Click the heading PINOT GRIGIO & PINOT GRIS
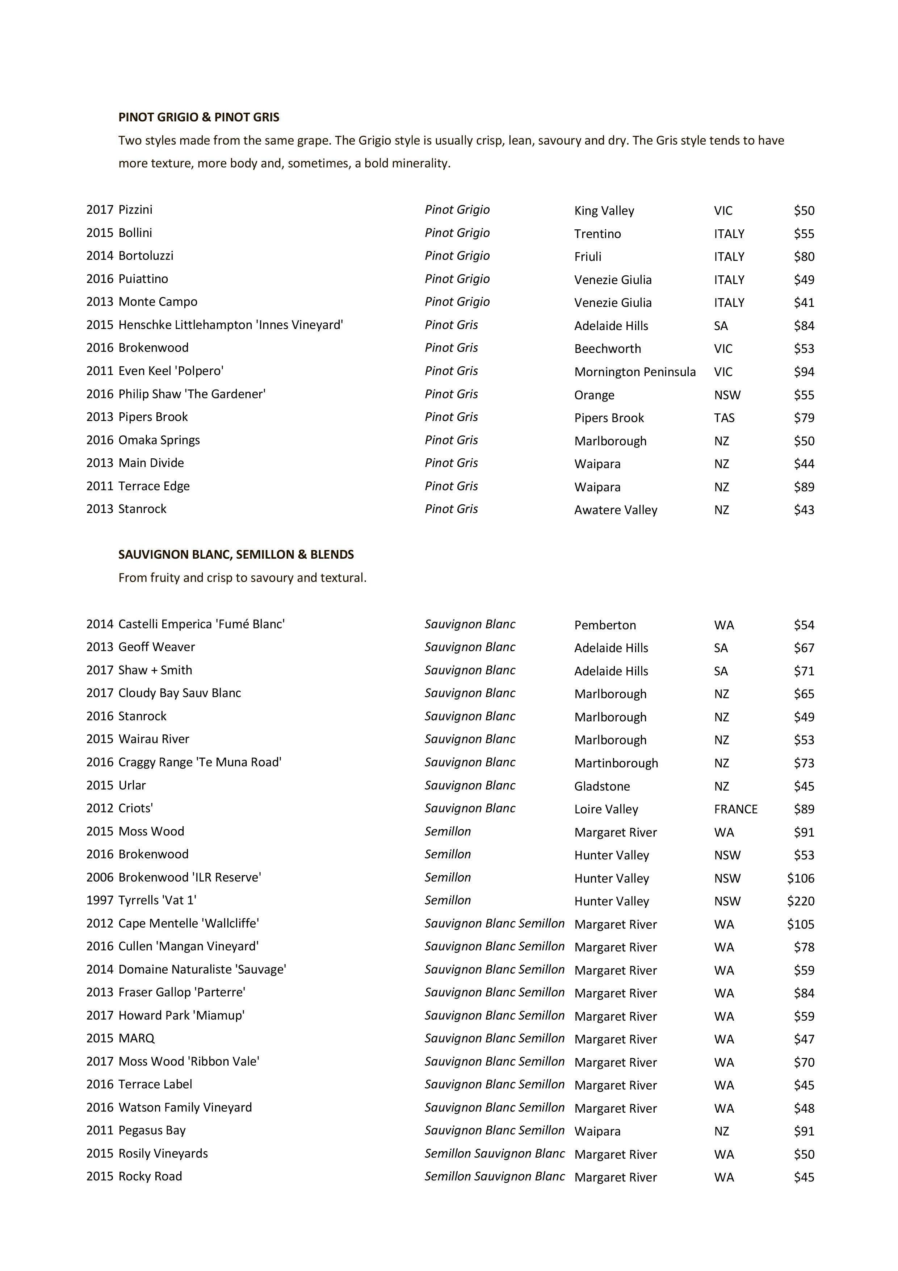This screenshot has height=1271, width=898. pos(199,117)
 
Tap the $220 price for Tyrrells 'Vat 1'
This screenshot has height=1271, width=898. pos(801,901)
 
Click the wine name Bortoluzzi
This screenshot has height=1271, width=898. pos(146,256)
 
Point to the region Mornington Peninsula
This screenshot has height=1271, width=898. pos(635,372)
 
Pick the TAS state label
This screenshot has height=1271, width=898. pos(724,418)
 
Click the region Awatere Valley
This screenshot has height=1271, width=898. pos(615,510)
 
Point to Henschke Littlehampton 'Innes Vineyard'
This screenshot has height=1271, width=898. pos(231,325)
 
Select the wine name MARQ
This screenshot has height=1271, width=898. pos(136,1038)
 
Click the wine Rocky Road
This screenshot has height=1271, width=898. pos(150,1176)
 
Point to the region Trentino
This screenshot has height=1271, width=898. pos(597,234)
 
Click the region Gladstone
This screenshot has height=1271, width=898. pos(602,786)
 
